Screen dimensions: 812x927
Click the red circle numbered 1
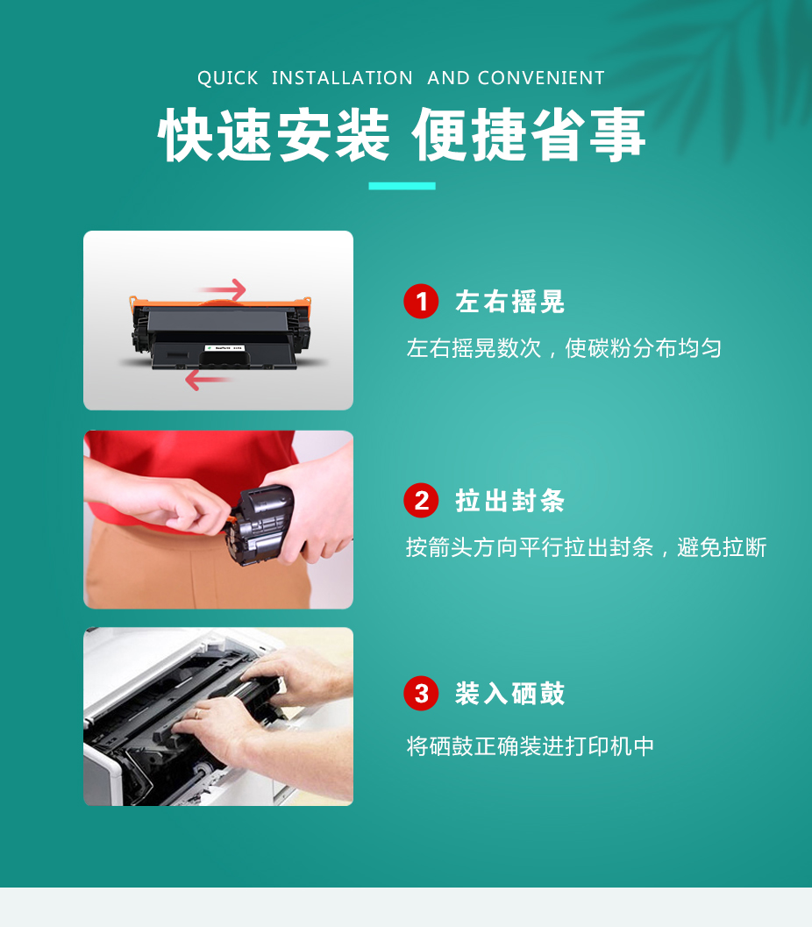point(422,302)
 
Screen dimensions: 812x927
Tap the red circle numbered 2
point(422,501)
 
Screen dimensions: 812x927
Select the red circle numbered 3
point(422,694)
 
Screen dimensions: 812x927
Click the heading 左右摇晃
point(510,302)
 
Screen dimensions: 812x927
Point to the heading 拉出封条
point(510,501)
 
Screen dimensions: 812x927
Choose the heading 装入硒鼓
point(510,694)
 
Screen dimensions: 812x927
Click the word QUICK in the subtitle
point(228,78)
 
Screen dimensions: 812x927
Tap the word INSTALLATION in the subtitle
point(342,78)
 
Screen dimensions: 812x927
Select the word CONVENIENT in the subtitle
point(541,78)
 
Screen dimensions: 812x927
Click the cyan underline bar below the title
point(402,186)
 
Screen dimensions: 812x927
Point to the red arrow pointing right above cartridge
point(224,289)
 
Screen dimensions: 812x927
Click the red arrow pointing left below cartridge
point(208,380)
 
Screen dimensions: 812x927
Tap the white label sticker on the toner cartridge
point(224,348)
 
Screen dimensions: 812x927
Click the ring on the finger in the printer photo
point(197,714)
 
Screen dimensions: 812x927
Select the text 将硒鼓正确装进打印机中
point(531,746)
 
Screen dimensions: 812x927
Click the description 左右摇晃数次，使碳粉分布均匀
point(564,348)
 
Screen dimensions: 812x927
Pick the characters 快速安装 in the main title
point(274,135)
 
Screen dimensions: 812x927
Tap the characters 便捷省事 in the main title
point(529,135)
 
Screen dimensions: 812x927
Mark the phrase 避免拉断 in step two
point(722,547)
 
